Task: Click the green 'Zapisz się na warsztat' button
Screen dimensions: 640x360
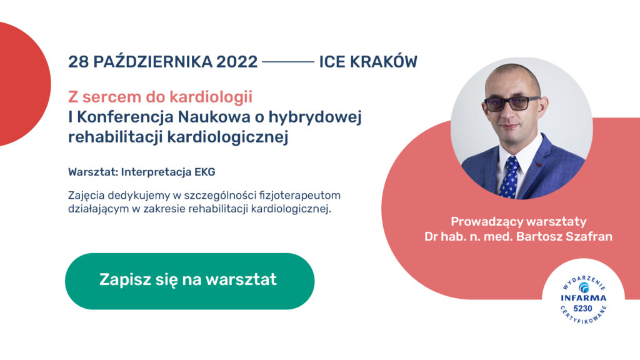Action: pos(190,281)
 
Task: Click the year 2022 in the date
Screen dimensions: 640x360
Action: pos(237,62)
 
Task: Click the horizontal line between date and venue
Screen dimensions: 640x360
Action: pos(288,62)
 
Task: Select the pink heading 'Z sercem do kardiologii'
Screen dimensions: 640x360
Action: pos(161,97)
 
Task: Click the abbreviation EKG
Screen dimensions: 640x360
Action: pos(204,172)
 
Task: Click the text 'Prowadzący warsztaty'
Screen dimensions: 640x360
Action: pos(518,222)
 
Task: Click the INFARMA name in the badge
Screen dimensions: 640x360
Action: pos(583,298)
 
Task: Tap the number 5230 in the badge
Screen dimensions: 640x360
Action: pos(583,309)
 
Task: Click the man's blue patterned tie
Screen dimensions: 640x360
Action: pos(509,177)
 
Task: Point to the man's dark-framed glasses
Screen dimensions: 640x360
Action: pos(512,103)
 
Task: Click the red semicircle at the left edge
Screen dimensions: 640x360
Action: pos(22,84)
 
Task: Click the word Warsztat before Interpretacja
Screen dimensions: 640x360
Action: pos(93,172)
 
